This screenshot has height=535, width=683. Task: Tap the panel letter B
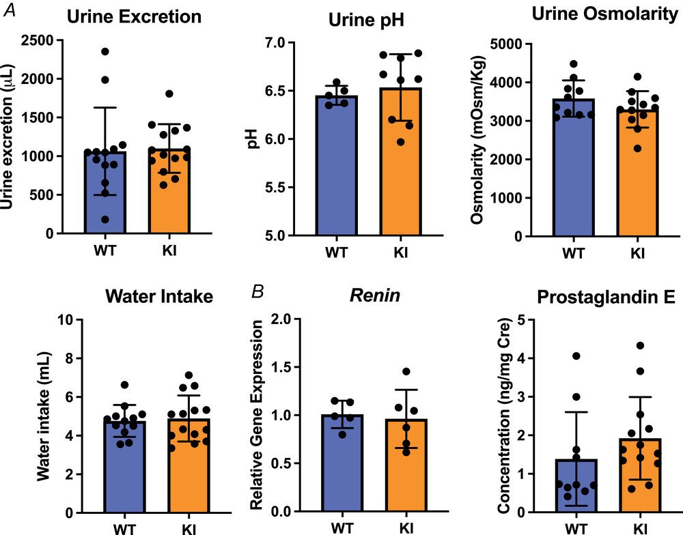click(258, 291)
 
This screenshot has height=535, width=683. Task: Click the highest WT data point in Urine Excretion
click(105, 51)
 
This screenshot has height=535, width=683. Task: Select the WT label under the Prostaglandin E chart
click(576, 528)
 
